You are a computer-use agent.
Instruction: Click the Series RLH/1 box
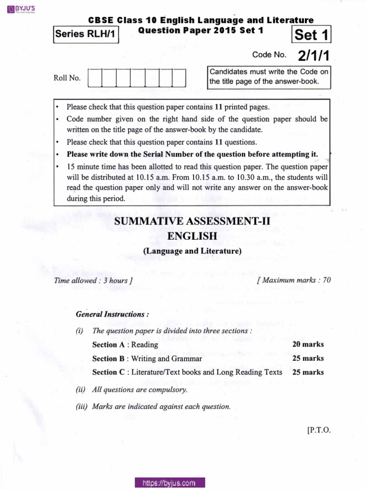(86, 34)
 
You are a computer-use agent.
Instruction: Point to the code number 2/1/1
(313, 56)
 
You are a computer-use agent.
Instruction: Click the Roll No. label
(67, 78)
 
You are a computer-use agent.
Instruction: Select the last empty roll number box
(179, 78)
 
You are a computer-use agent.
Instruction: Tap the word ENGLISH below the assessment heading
(192, 236)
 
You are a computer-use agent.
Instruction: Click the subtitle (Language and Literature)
(192, 251)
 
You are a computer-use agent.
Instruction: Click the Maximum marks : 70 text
(293, 280)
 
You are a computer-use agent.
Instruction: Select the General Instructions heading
(112, 314)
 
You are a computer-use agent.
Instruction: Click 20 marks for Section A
(308, 345)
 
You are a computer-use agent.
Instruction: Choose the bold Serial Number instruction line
(192, 154)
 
